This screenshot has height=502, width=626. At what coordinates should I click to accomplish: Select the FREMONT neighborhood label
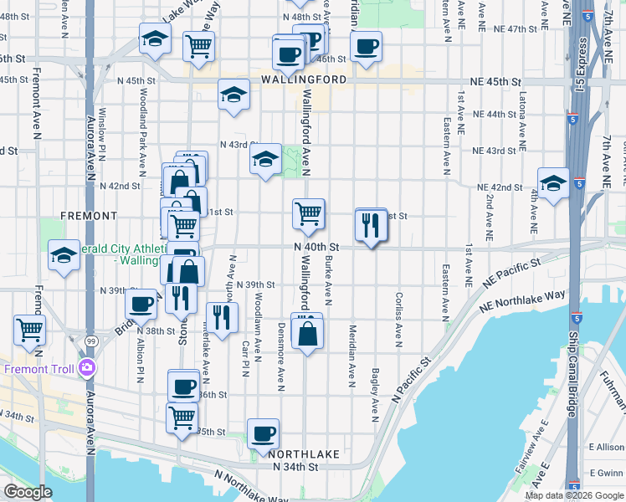tap(89, 216)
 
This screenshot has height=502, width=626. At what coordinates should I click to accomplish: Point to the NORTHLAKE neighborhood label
tap(304, 453)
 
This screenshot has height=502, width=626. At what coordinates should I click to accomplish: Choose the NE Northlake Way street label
tap(522, 301)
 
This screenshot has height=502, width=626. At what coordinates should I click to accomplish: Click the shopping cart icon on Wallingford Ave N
tap(309, 214)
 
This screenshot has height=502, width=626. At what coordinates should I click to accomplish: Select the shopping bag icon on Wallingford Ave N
tap(307, 332)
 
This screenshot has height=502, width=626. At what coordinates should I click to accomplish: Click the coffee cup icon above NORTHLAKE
tap(264, 433)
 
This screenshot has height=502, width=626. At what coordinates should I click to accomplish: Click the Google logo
tap(28, 492)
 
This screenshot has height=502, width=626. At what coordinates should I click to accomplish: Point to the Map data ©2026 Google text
tap(574, 494)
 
